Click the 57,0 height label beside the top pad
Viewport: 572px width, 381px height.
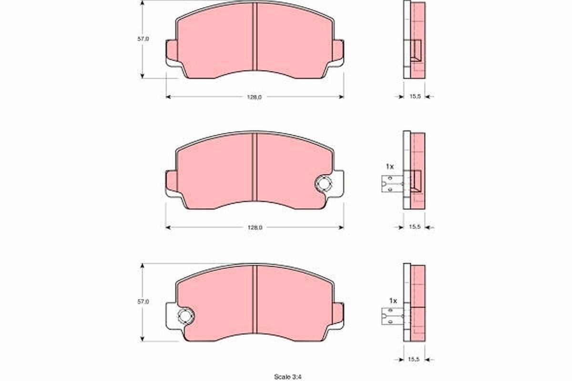pyautogui.click(x=143, y=39)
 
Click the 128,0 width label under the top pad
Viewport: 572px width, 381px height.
pyautogui.click(x=254, y=97)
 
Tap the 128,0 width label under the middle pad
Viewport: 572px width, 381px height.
pyautogui.click(x=254, y=228)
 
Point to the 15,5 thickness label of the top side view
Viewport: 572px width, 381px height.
pyautogui.click(x=414, y=97)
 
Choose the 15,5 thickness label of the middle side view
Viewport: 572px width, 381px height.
pyautogui.click(x=414, y=228)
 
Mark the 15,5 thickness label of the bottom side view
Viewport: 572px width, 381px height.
pyautogui.click(x=414, y=359)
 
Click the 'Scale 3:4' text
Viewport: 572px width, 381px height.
pyautogui.click(x=287, y=377)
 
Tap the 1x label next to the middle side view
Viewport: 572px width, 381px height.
pyautogui.click(x=389, y=167)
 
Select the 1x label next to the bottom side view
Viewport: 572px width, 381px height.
pyautogui.click(x=393, y=301)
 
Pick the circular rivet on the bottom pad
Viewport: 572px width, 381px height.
pyautogui.click(x=184, y=315)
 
